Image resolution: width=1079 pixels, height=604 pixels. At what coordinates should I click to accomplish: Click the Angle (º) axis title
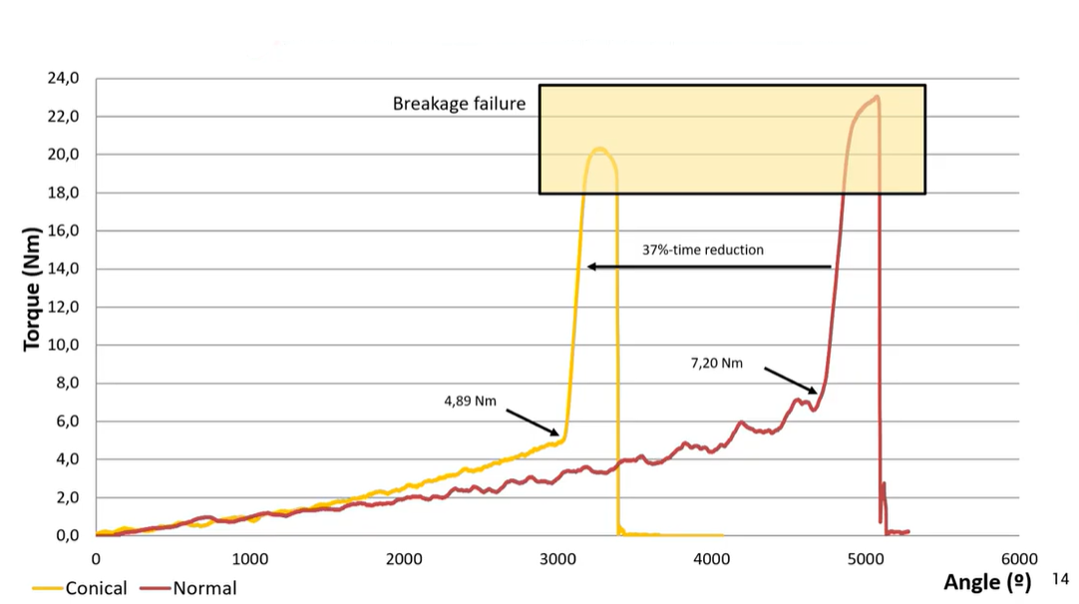[x=986, y=582]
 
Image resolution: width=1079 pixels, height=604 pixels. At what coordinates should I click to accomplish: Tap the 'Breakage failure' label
[x=459, y=104]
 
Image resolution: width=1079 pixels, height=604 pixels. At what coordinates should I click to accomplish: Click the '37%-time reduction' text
[x=703, y=249]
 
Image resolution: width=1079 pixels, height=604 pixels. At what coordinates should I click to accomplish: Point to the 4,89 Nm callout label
[x=470, y=402]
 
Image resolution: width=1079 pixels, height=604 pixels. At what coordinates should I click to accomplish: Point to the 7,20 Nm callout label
[x=717, y=364]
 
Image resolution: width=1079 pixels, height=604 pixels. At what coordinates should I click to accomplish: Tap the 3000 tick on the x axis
[x=557, y=559]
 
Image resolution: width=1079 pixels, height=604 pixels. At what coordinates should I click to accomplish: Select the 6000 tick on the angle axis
[x=1018, y=559]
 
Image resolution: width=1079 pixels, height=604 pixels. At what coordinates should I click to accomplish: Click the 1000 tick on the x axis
[x=249, y=559]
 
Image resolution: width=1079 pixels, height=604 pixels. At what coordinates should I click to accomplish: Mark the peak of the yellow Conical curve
[x=599, y=150]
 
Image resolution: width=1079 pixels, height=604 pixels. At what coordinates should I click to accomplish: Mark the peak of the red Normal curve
[x=877, y=97]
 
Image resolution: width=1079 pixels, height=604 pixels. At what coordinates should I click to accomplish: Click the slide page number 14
[x=1060, y=577]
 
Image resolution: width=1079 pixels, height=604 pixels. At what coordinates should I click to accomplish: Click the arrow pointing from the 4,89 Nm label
[x=533, y=423]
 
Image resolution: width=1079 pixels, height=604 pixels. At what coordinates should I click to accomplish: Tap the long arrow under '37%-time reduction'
[x=709, y=267]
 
